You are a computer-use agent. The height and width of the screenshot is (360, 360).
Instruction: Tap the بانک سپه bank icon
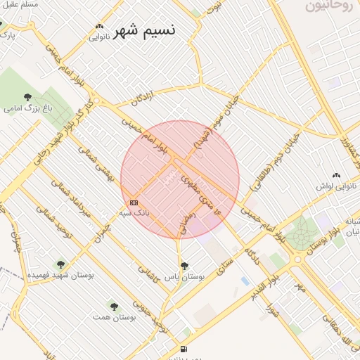coord(134,202)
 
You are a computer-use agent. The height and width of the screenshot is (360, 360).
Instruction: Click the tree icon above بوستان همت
coord(114,306)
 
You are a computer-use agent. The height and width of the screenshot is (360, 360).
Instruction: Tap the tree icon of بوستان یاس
coord(184,266)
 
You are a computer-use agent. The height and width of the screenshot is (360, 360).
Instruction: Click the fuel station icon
coord(184,349)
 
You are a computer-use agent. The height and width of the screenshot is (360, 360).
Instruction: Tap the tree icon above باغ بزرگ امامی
coord(27,98)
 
